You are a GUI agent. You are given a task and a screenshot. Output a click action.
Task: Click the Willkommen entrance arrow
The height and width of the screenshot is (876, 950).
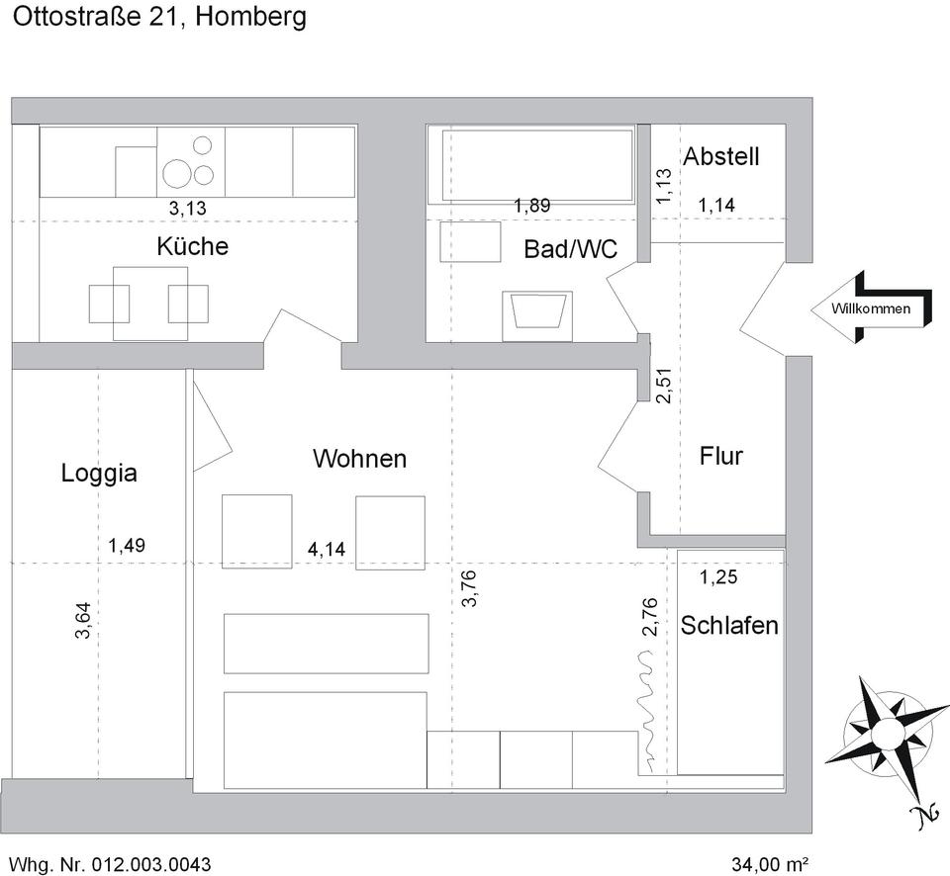[x=871, y=308]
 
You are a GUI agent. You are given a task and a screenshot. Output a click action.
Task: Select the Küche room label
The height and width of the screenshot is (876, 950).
[x=192, y=246]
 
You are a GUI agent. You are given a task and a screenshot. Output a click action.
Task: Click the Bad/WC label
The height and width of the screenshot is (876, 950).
[x=570, y=249]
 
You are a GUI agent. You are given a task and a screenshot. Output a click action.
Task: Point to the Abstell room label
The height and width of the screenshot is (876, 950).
[x=721, y=155]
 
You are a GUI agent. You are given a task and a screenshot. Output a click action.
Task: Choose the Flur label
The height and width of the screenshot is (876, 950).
[x=720, y=456]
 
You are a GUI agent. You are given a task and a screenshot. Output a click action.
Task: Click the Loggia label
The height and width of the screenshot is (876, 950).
[x=99, y=473]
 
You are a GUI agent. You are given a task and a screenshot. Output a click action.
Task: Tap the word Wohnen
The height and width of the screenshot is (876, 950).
[x=359, y=459]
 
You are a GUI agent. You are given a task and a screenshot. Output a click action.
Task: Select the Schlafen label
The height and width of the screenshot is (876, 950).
[x=729, y=626]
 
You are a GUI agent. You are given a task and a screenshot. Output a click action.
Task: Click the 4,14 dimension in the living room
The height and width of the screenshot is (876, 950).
[x=327, y=550]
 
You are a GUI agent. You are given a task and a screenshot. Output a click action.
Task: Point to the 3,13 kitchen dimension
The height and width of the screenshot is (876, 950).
[x=187, y=208]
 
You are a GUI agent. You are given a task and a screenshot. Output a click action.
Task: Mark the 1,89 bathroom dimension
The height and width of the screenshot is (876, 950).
[x=531, y=205]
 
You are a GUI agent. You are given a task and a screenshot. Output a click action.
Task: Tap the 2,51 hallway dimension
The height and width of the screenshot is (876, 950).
[x=664, y=385]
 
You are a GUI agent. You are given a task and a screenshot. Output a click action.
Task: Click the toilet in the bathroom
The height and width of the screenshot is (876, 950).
[x=537, y=315]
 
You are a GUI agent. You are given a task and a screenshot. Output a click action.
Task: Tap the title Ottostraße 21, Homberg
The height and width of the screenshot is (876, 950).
[x=158, y=17]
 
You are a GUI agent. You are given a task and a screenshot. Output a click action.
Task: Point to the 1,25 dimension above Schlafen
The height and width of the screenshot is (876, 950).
[x=718, y=577]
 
